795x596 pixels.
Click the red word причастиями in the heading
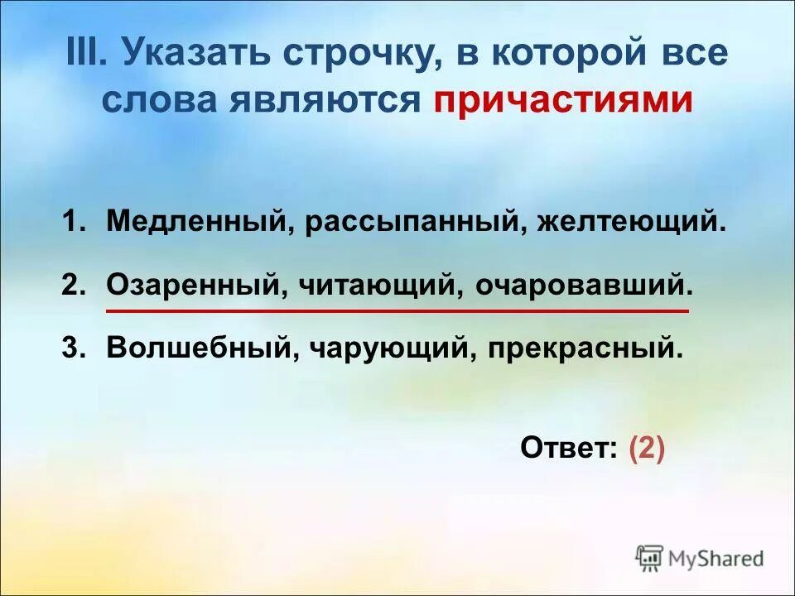563,100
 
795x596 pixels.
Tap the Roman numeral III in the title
84,54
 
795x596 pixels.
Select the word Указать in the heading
195,54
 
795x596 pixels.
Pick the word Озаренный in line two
196,286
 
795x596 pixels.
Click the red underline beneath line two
397,311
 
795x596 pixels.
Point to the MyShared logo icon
650,557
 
